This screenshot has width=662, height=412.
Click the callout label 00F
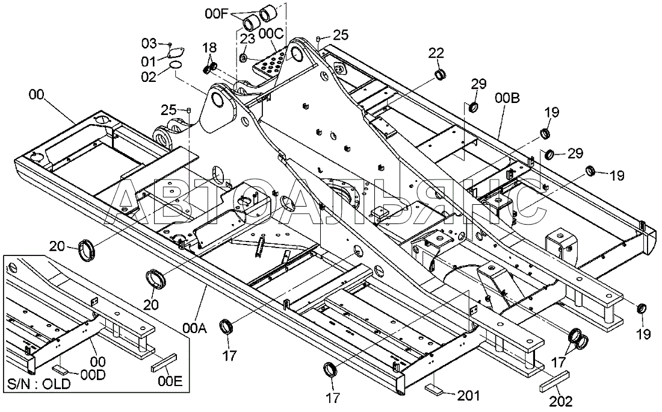[x=217, y=14]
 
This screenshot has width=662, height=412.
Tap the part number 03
[x=149, y=43]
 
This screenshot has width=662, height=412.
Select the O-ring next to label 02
[x=176, y=65]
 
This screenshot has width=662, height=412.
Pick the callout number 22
[x=436, y=53]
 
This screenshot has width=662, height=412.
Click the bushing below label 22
[x=441, y=76]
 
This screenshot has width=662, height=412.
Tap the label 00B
[x=508, y=98]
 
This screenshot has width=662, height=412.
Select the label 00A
[x=194, y=328]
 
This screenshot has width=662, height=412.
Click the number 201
[x=469, y=396]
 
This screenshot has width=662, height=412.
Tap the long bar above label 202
[x=553, y=379]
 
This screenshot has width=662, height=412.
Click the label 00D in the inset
[x=93, y=375]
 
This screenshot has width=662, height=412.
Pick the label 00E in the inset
[x=170, y=381]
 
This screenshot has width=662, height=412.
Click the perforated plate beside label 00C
[x=270, y=64]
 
